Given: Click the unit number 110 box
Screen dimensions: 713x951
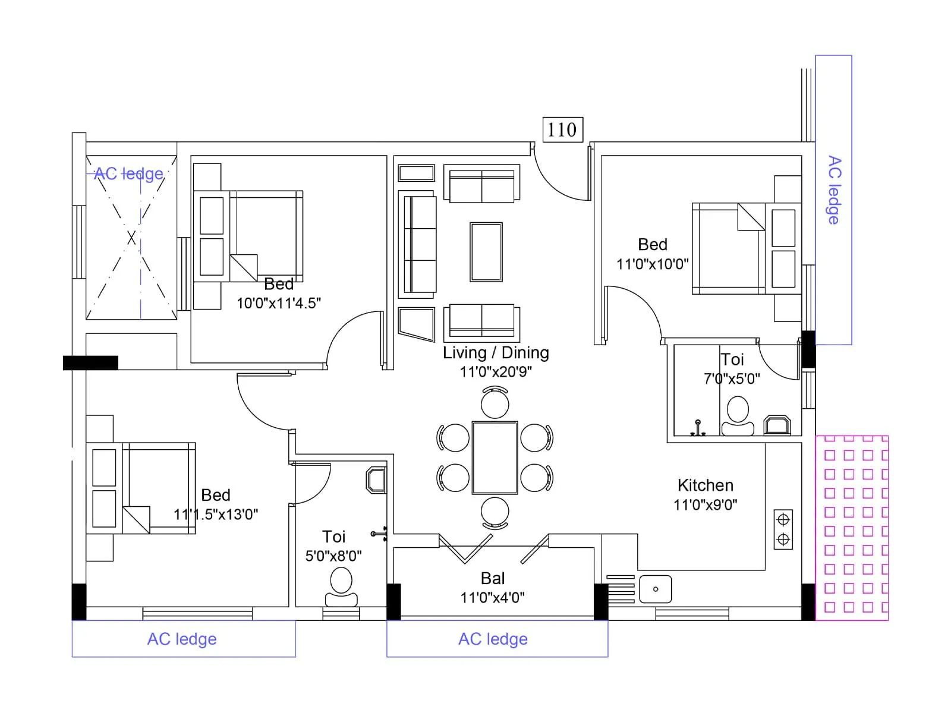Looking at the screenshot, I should [x=562, y=130].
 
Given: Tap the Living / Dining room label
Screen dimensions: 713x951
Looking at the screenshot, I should [x=495, y=352].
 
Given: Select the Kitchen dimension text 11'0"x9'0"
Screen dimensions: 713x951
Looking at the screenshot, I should [x=705, y=505].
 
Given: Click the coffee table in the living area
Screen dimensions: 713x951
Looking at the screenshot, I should [x=486, y=251].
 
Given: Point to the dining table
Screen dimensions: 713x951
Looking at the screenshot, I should [x=495, y=458].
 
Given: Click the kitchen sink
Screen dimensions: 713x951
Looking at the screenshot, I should [x=655, y=589].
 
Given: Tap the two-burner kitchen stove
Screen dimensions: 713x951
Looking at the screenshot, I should [x=783, y=529].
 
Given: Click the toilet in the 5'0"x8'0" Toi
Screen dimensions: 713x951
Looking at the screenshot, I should [x=341, y=587].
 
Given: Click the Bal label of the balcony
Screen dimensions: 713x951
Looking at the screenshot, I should [x=493, y=578].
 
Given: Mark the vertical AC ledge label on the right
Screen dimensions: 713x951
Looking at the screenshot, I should [x=834, y=190].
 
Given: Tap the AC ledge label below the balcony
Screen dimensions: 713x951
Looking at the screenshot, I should [x=493, y=639].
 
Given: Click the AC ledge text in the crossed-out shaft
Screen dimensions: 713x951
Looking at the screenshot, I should [x=128, y=173].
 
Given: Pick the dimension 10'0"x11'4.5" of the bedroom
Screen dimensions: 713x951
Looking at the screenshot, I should [x=278, y=303].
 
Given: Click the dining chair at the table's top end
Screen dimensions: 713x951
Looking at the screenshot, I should [x=495, y=402].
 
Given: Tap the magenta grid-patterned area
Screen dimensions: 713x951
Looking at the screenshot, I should [x=851, y=528].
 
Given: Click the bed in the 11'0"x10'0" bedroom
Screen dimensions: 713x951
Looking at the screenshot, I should [x=729, y=248].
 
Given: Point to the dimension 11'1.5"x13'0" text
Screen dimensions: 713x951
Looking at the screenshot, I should [x=215, y=515].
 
